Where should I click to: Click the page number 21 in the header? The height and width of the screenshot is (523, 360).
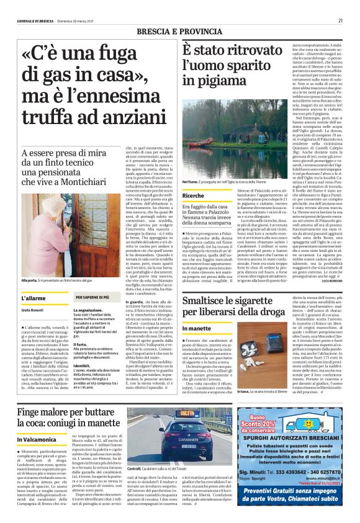pyautogui.click(x=340, y=20)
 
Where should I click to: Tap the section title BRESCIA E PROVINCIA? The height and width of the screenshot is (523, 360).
pyautogui.click(x=179, y=31)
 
